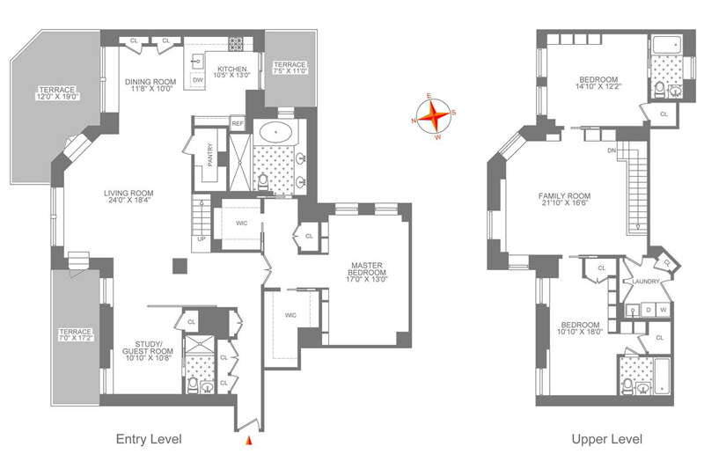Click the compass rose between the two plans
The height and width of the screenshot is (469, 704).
431,117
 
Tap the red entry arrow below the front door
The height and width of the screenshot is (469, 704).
249,441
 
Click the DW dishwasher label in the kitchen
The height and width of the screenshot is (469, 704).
197,80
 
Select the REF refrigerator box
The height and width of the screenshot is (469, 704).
237,123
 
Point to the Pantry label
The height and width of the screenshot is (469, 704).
210,155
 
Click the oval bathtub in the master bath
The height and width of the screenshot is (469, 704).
275,133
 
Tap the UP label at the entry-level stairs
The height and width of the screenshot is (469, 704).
202,239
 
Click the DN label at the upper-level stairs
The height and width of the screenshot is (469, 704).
612,150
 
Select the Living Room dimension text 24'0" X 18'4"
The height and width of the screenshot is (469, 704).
128,201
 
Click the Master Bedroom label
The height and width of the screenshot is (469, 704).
367,269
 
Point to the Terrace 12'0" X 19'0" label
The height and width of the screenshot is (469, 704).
56,93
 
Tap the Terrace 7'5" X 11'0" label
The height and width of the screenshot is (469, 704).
290,68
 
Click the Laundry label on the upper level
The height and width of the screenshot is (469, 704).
646,282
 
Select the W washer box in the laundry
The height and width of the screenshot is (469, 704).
664,310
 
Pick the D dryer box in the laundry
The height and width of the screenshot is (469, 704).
649,310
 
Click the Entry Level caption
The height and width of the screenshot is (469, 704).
149,439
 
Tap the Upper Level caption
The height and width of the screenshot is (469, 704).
607,439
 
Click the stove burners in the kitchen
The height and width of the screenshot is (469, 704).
236,43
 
